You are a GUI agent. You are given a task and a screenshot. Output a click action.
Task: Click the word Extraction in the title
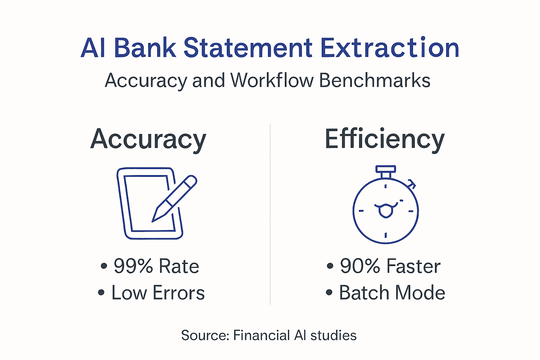click(390, 48)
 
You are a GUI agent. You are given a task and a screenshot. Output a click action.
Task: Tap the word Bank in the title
click(145, 48)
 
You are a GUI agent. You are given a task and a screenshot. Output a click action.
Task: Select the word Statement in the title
click(248, 48)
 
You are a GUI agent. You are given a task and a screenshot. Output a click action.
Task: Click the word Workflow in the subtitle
click(272, 80)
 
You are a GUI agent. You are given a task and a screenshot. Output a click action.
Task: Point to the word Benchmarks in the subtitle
click(374, 80)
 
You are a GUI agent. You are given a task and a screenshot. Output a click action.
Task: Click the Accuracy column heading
click(148, 140)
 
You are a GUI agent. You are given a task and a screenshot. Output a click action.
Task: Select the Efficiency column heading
click(385, 140)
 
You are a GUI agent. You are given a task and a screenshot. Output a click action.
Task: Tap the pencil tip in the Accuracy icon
click(155, 218)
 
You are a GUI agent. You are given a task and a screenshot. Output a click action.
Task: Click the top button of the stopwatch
click(386, 169)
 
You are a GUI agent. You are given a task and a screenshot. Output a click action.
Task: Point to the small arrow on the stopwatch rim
click(412, 184)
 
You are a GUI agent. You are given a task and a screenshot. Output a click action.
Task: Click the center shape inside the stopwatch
click(386, 210)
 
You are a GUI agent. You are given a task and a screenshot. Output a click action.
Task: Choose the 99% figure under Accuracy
click(133, 266)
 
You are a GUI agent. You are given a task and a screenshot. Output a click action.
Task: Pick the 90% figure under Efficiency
click(360, 266)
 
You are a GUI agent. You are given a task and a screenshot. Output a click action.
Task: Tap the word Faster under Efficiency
click(413, 266)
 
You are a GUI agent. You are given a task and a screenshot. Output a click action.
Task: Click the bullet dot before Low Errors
click(101, 292)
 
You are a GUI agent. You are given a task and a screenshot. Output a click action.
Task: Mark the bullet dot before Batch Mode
click(329, 292)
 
